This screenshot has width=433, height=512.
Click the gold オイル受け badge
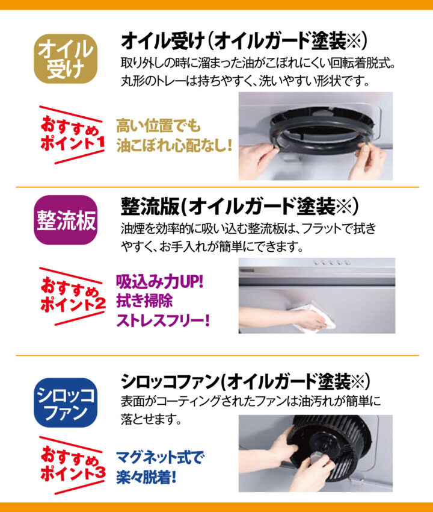[66, 59]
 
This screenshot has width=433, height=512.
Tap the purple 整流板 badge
[66, 220]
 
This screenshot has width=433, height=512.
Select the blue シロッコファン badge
[66, 402]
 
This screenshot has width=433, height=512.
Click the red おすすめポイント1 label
[72, 134]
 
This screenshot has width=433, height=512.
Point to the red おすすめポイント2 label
[72, 296]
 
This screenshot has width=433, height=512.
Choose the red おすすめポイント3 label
[72, 465]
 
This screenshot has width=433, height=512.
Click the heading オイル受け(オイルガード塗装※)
[244, 41]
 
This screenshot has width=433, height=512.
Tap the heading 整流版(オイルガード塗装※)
[239, 207]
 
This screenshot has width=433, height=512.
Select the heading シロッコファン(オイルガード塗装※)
[245, 381]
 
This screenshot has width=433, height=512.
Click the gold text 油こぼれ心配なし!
[174, 145]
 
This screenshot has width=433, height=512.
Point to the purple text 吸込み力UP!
[160, 281]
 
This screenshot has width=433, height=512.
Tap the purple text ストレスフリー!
[163, 320]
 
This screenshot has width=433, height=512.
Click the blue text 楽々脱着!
[146, 478]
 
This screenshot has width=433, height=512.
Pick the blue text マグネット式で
[160, 457]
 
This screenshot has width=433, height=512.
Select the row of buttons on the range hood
[331, 262]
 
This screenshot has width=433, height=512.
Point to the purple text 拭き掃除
[144, 301]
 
